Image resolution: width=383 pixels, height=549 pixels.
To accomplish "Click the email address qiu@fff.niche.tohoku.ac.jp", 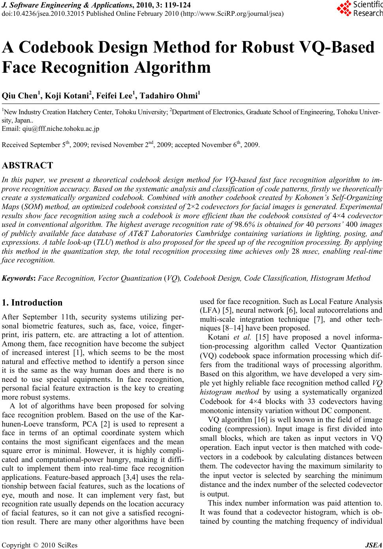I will [x=61, y=129].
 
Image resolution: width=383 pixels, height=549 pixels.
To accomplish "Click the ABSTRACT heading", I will [x=27, y=165].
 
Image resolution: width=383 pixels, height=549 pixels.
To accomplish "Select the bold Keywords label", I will [x=19, y=278].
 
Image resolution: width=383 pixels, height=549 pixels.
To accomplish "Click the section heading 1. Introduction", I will [x=32, y=303].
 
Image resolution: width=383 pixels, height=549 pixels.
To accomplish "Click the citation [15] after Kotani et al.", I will [x=263, y=337].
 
